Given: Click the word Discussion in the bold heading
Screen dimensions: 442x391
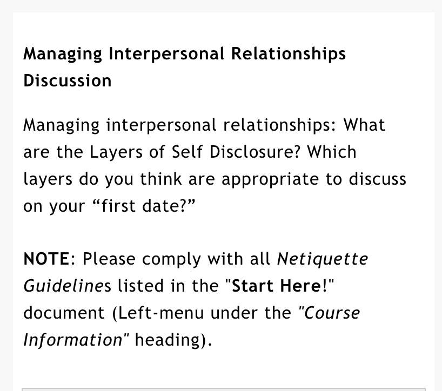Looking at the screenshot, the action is [68, 81].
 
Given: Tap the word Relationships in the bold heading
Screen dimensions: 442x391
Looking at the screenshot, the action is [289, 54].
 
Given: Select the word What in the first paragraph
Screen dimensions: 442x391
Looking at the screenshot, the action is [364, 125].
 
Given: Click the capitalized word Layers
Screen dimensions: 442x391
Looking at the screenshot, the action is [116, 153].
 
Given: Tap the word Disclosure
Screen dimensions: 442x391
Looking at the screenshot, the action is [255, 152].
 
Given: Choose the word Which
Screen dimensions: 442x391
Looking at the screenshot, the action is [332, 152].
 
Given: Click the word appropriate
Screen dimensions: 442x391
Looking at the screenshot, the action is [270, 180].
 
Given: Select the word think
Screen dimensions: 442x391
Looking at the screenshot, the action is [161, 179].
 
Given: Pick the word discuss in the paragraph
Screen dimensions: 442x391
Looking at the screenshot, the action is [378, 179].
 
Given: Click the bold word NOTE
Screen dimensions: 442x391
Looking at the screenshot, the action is [46, 259].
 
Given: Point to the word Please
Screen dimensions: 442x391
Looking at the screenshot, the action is [109, 259].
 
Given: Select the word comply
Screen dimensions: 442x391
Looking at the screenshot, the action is [171, 260].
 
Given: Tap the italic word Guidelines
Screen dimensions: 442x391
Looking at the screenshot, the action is [68, 286].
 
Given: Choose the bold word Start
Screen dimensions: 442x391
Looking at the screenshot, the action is [253, 286].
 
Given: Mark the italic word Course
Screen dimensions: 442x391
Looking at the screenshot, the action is [332, 313].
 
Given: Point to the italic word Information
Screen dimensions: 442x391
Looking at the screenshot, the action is [73, 340].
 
